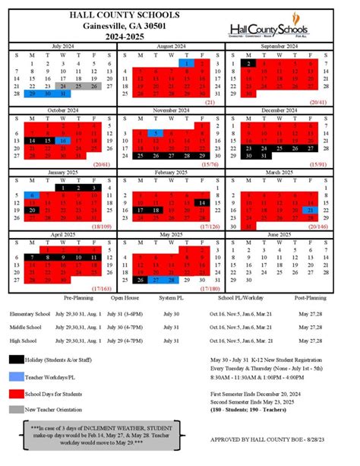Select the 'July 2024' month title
[61, 46]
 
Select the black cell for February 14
[201, 202]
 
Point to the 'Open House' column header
[125, 298]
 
